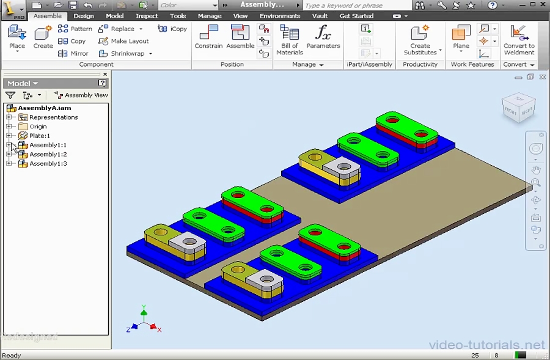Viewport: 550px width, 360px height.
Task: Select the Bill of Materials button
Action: (x=289, y=39)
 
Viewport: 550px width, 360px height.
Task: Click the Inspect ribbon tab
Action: (x=147, y=16)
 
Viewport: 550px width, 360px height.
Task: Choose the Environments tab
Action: (x=280, y=16)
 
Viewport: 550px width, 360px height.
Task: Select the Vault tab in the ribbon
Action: (x=320, y=16)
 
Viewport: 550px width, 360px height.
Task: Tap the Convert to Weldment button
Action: (x=519, y=40)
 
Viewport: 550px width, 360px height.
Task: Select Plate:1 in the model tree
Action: (x=39, y=136)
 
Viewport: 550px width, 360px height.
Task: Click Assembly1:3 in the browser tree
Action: (x=48, y=164)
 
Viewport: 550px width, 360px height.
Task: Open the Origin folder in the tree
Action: (x=37, y=127)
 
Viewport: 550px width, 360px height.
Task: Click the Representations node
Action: (x=53, y=117)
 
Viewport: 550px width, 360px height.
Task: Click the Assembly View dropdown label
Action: (x=86, y=95)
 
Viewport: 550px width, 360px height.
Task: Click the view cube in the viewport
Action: (x=518, y=108)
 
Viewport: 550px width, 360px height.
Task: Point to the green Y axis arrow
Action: (x=144, y=311)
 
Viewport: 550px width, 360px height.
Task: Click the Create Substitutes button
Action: (x=420, y=40)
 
